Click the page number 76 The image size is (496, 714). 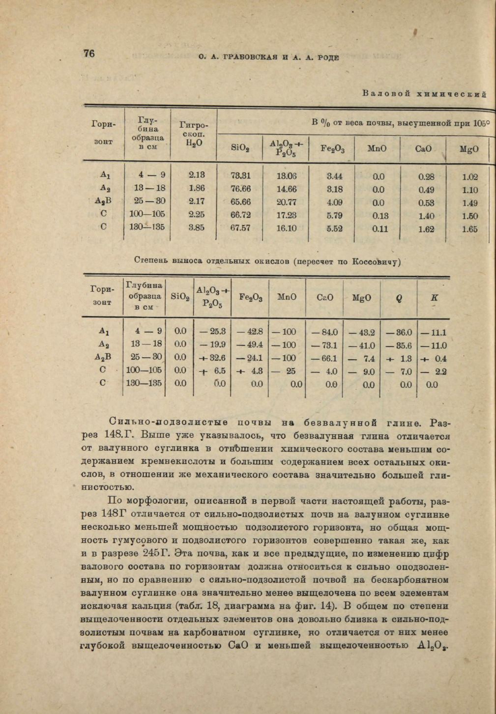coord(89,54)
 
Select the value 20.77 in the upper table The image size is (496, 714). coord(287,201)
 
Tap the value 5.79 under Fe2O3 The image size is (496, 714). coord(334,215)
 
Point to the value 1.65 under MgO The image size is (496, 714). coord(469,229)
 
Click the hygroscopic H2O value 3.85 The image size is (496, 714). coord(197,228)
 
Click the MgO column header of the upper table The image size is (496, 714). coord(469,149)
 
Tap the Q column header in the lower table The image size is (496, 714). coord(399,298)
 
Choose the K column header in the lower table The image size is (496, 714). coord(434,297)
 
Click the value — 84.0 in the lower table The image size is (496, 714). coord(324,333)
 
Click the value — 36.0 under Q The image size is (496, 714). coord(399,333)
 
